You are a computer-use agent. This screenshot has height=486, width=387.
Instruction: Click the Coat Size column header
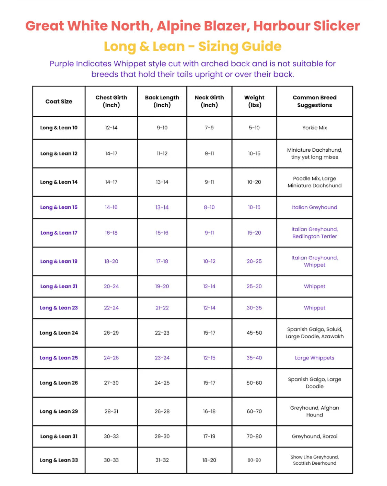coord(59,101)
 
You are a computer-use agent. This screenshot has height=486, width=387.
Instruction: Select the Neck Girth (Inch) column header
coord(209,101)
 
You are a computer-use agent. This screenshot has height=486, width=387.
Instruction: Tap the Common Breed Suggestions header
coord(314,101)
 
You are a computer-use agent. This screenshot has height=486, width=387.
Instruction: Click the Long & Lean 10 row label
coord(59,128)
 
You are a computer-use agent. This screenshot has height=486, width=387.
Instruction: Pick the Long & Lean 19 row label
coord(59,261)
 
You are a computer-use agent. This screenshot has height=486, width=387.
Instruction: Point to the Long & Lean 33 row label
coord(59,460)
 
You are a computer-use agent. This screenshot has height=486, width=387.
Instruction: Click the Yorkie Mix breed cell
coord(314,128)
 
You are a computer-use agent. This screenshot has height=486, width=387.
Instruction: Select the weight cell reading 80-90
coord(254,460)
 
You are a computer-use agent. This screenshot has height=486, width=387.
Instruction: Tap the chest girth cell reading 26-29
coord(111,333)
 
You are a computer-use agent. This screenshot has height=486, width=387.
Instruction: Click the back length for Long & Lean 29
coord(162,411)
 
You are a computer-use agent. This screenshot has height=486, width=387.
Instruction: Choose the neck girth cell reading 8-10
coord(209,207)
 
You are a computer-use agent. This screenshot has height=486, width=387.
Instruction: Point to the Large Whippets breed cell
coord(314,358)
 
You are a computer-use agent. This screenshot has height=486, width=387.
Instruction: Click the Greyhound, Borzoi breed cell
coord(314,436)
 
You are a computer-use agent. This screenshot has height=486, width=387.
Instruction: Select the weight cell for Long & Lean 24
coord(254,333)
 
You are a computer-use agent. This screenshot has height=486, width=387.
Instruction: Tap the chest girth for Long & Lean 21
coord(111,286)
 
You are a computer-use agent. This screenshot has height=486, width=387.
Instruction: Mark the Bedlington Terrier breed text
coord(314,236)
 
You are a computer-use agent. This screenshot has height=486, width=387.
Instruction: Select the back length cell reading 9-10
coord(162,128)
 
